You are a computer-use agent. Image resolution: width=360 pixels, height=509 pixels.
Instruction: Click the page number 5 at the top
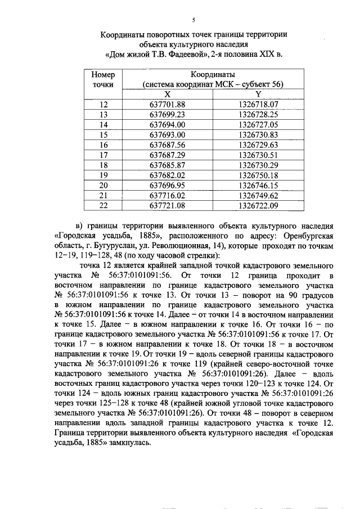pyautogui.click(x=193, y=20)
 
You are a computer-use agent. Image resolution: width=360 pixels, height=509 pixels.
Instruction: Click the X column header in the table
pyautogui.click(x=168, y=94)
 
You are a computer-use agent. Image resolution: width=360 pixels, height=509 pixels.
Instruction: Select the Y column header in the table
pyautogui.click(x=258, y=94)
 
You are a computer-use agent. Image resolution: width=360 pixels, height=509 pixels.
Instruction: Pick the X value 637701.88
pyautogui.click(x=168, y=104)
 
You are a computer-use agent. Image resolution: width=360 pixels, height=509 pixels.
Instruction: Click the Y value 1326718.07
pyautogui.click(x=258, y=104)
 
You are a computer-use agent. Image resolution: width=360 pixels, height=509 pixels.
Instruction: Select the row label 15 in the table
pyautogui.click(x=103, y=134)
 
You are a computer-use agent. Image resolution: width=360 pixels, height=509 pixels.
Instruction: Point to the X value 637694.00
pyautogui.click(x=168, y=124)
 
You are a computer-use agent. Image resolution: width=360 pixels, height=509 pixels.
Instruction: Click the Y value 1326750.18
pyautogui.click(x=258, y=175)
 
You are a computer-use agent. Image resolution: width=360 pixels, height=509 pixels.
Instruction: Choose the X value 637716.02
pyautogui.click(x=168, y=195)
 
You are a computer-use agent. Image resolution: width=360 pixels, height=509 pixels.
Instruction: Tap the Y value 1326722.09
pyautogui.click(x=258, y=205)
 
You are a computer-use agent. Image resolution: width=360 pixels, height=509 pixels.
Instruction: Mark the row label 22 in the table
pyautogui.click(x=103, y=205)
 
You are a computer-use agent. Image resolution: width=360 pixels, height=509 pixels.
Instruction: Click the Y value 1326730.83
pyautogui.click(x=258, y=134)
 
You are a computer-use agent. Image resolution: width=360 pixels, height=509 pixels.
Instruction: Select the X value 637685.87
pyautogui.click(x=168, y=165)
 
